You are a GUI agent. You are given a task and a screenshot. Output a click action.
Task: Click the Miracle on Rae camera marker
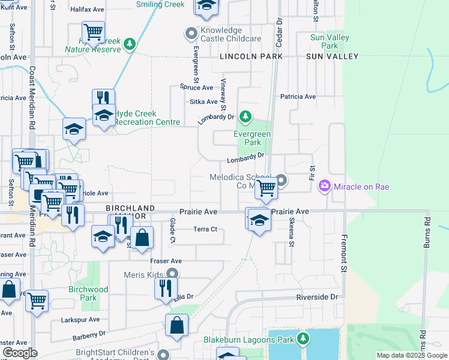(325, 186)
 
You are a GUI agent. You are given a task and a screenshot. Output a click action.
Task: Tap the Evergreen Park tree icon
(245, 116)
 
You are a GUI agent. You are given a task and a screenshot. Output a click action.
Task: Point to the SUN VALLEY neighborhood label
(332, 56)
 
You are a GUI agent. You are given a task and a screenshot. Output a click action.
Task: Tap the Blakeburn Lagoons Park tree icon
(303, 340)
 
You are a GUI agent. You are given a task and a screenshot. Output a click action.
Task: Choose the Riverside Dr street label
(318, 297)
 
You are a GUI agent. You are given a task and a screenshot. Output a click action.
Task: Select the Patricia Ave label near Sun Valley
(298, 97)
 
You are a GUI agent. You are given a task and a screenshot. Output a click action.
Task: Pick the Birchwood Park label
(88, 293)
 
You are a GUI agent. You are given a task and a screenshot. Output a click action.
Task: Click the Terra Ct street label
(205, 229)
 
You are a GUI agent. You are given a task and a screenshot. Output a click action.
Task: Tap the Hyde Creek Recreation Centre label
(147, 118)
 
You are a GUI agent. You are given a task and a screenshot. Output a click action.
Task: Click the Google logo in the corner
(20, 353)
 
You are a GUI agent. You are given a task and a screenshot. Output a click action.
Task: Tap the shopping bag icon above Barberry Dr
(177, 325)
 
